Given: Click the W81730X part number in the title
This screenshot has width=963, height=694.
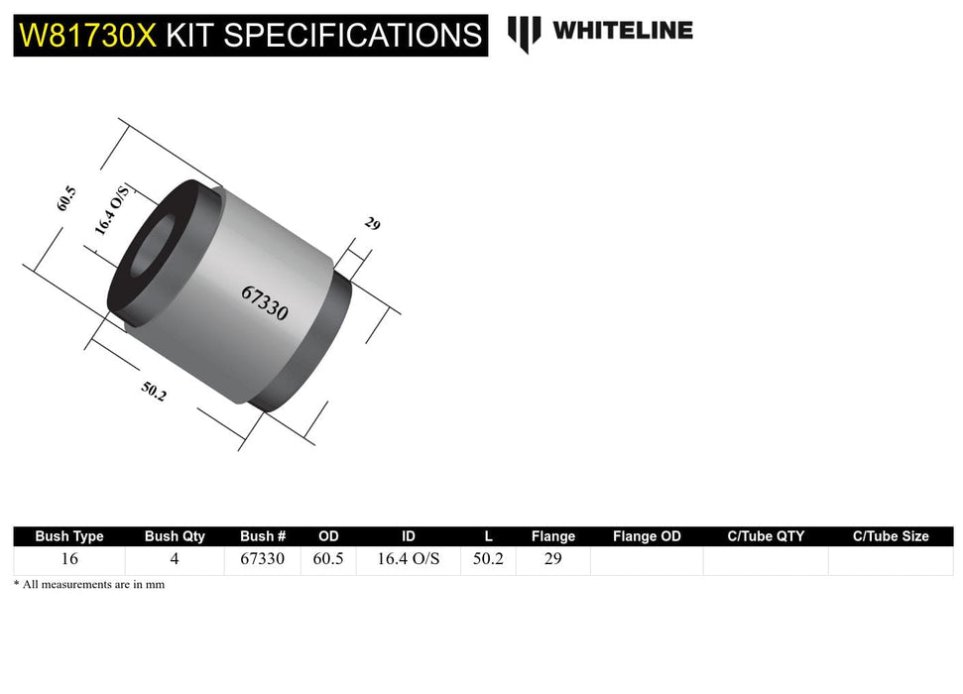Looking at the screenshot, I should point(88,36).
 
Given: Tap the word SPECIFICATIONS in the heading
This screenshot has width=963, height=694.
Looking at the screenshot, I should point(352,36).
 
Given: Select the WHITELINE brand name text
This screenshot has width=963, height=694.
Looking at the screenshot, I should point(622,31).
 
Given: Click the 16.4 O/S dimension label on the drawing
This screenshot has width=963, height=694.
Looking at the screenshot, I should point(112,209).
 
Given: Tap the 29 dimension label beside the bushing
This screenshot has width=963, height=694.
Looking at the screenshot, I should point(372,224).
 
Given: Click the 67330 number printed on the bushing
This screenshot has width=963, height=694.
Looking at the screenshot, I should point(264,303).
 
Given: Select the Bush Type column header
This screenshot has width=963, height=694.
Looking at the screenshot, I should point(69,536).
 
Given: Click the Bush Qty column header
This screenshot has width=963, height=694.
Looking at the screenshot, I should point(175,536).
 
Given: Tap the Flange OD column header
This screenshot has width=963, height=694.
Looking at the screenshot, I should point(647,536).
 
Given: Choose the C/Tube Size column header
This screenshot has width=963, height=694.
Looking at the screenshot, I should point(891,536).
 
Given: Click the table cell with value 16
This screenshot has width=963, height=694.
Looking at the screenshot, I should point(69,559).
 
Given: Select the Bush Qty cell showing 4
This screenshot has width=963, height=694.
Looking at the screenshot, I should point(175,559).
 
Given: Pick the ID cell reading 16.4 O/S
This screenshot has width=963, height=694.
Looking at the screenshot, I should point(409,559).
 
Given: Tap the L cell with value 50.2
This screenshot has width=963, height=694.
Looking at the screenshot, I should point(487,559).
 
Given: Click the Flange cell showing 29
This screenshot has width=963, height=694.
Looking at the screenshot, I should point(552,559).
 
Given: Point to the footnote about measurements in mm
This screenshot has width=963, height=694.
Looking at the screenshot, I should point(89,585).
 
